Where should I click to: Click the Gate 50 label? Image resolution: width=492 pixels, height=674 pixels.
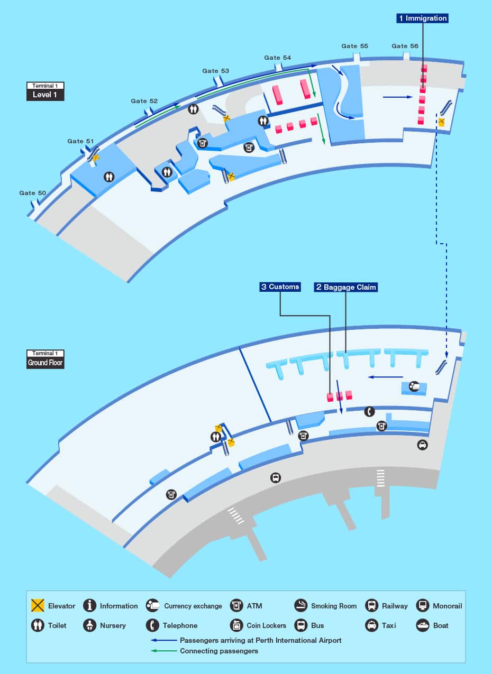tap(33, 193)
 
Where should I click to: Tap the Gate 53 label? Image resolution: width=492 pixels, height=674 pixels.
tap(216, 71)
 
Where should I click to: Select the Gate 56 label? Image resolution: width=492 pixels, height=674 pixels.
tap(405, 46)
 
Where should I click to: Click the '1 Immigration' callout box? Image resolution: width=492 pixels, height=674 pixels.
tap(423, 19)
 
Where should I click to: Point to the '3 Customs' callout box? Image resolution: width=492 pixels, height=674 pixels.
tap(280, 287)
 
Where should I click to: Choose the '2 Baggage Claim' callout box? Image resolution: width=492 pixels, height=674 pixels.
tap(346, 287)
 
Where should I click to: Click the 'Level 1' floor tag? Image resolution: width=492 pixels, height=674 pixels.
tap(45, 95)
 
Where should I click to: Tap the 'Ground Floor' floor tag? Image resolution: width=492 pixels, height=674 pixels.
tap(45, 363)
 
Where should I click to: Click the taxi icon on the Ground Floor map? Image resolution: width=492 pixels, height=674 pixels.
tap(422, 445)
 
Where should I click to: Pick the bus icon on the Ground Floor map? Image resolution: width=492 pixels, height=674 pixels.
tap(275, 478)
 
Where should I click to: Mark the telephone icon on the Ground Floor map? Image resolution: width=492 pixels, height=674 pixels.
tap(369, 411)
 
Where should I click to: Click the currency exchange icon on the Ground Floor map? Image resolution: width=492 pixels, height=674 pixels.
tap(415, 386)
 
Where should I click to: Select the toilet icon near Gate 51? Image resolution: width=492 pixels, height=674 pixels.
tap(109, 177)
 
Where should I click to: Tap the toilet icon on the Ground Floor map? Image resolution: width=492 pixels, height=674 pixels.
tap(215, 437)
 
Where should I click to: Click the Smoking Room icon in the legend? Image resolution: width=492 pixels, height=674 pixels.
tap(300, 606)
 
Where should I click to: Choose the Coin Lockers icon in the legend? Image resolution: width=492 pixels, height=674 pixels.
tap(236, 625)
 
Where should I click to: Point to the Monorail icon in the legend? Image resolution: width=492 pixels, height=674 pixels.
tap(422, 606)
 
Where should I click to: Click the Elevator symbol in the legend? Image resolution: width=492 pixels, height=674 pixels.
tap(37, 606)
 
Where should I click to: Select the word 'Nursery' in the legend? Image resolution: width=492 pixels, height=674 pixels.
tap(113, 625)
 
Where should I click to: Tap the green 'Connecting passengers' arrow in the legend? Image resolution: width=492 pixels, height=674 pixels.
tap(164, 651)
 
